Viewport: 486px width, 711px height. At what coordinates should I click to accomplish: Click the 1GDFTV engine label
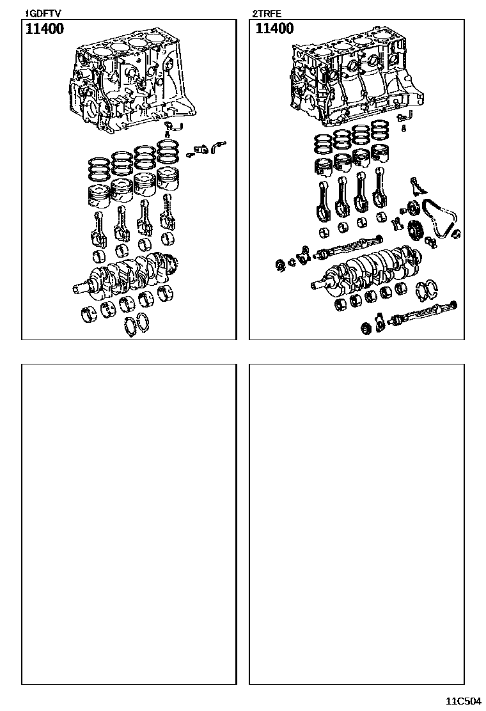tap(42, 14)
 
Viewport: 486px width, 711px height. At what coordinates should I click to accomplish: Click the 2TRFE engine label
tap(267, 14)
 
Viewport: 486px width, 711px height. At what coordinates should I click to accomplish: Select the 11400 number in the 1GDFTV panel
tap(44, 29)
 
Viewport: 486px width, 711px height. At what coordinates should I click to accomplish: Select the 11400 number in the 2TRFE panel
tap(274, 29)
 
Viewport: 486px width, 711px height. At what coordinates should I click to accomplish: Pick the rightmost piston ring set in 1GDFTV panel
tap(168, 152)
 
